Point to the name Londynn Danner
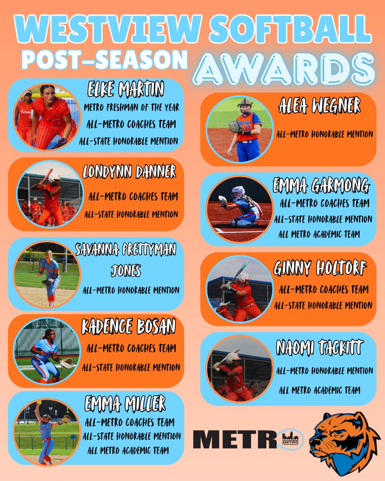[129, 172]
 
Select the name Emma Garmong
[321, 186]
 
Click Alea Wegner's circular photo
[240, 129]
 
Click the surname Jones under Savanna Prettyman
[126, 271]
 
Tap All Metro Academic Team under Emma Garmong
[320, 234]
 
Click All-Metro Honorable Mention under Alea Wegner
[324, 134]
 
